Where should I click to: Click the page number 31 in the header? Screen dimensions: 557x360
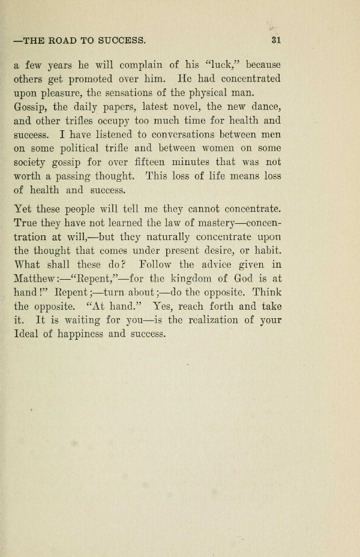point(276,41)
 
